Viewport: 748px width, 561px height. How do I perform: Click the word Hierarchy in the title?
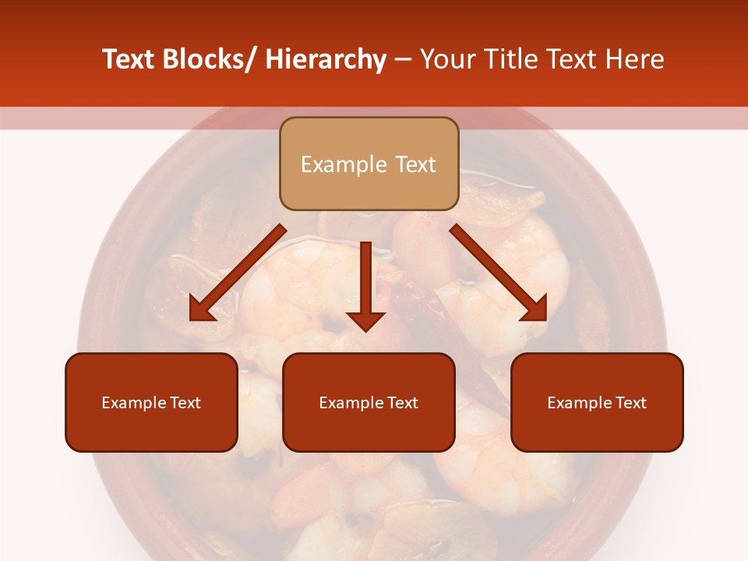326,60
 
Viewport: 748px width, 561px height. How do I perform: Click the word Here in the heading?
632,60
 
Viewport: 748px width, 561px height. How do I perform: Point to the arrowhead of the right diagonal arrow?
534,309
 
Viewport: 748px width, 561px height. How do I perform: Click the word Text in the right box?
631,403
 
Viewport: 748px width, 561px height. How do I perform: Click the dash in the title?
402,60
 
